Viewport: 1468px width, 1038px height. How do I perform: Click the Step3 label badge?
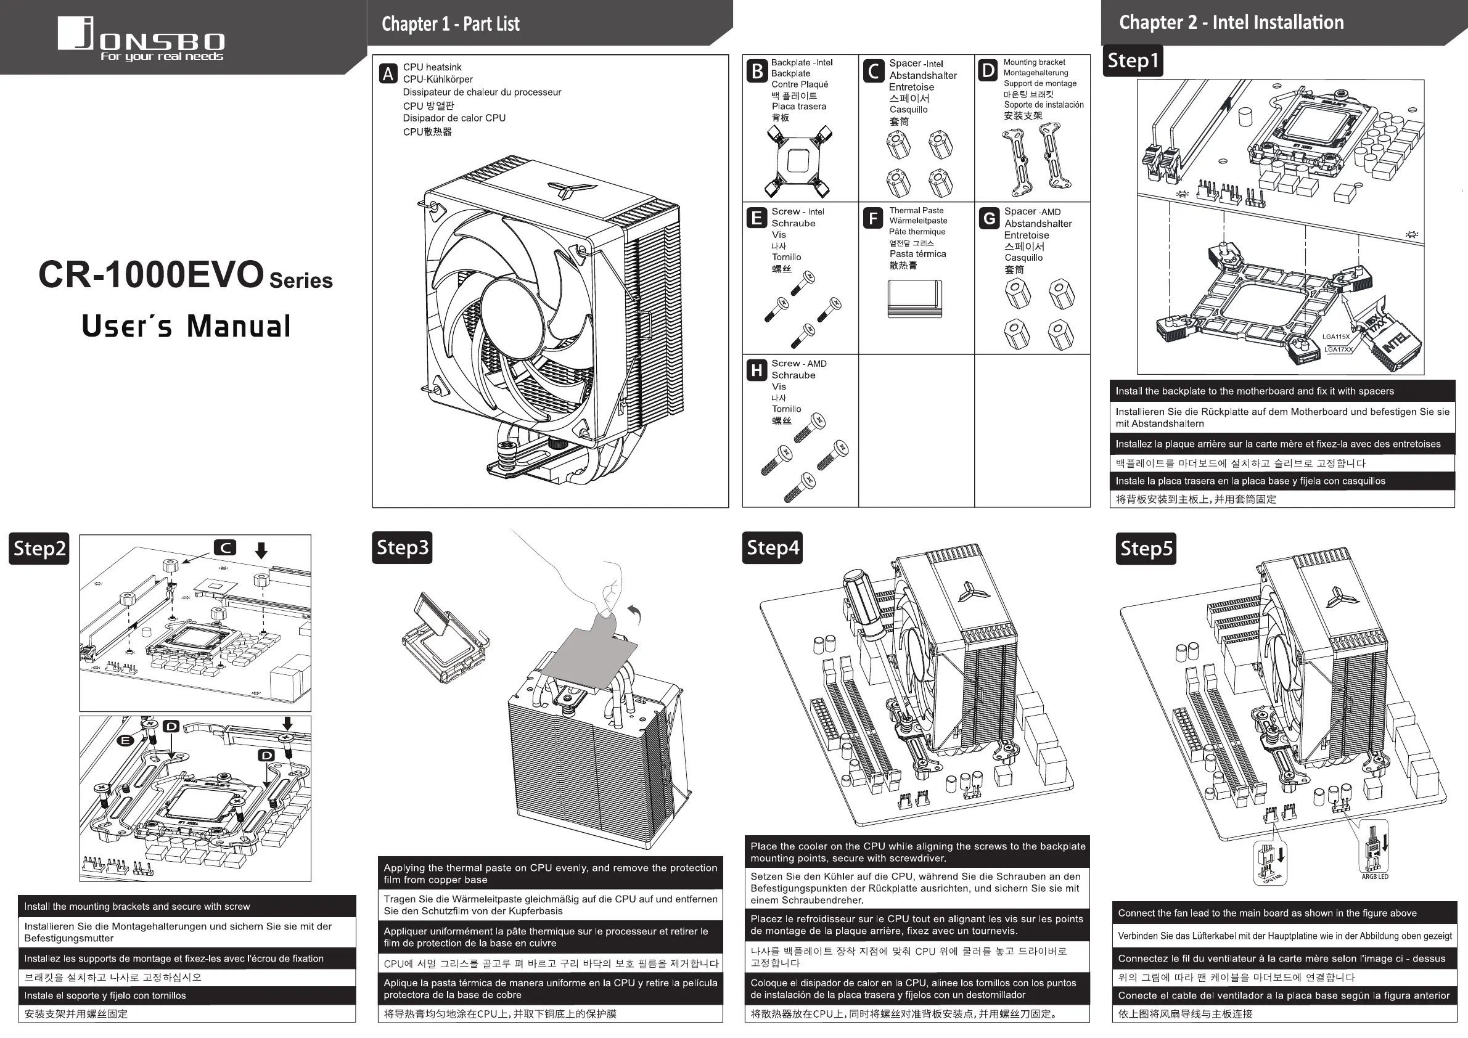point(401,548)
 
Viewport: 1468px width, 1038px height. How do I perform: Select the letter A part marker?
point(387,74)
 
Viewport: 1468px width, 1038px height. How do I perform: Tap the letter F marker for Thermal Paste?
point(873,219)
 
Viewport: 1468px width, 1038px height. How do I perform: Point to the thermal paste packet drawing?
point(914,298)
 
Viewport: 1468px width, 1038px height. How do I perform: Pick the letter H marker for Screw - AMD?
point(757,370)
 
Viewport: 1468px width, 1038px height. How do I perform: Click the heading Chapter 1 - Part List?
point(450,24)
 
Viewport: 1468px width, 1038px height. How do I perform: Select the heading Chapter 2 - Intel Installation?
point(1231,22)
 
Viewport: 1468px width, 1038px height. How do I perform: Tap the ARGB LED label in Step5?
point(1375,877)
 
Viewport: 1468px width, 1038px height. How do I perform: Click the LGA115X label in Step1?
point(1335,337)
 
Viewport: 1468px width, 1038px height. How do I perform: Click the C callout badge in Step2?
point(225,548)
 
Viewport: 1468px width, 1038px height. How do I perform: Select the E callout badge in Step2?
point(125,741)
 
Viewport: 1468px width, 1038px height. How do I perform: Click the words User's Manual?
point(186,326)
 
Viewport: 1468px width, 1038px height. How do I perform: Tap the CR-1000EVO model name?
point(151,275)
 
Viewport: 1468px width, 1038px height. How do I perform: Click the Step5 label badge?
point(1146,549)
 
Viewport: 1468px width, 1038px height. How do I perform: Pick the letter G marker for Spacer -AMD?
point(989,219)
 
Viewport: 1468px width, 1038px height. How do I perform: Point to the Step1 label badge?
point(1133,61)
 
